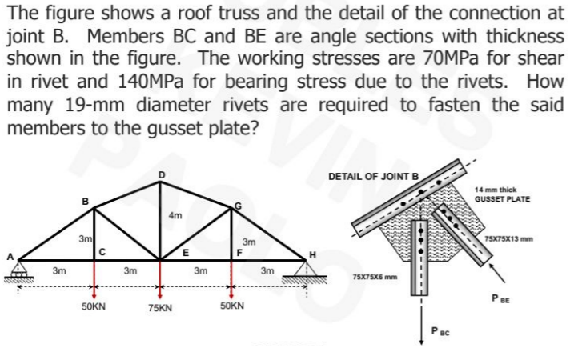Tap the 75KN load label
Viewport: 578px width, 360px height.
(x=163, y=307)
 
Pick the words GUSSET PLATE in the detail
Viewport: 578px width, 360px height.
(x=502, y=198)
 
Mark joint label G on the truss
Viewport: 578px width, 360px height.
(x=237, y=206)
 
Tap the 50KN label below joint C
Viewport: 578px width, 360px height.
(x=95, y=306)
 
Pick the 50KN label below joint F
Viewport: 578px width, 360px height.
(x=233, y=306)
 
